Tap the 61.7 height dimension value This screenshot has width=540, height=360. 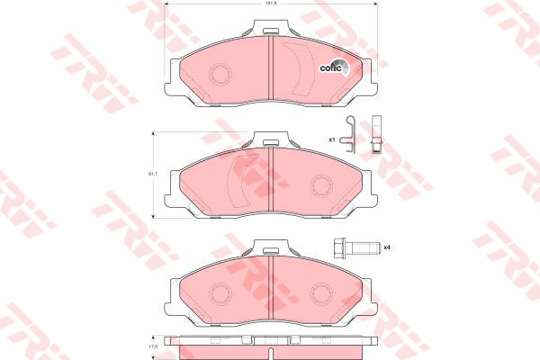[153, 173]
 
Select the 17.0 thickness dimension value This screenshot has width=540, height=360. [153, 346]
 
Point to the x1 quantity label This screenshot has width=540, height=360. [331, 139]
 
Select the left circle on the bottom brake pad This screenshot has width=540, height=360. [219, 292]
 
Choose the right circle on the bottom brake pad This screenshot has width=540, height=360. [321, 292]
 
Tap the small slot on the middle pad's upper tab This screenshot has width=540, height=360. [270, 140]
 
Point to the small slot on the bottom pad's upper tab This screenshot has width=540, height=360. [270, 247]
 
